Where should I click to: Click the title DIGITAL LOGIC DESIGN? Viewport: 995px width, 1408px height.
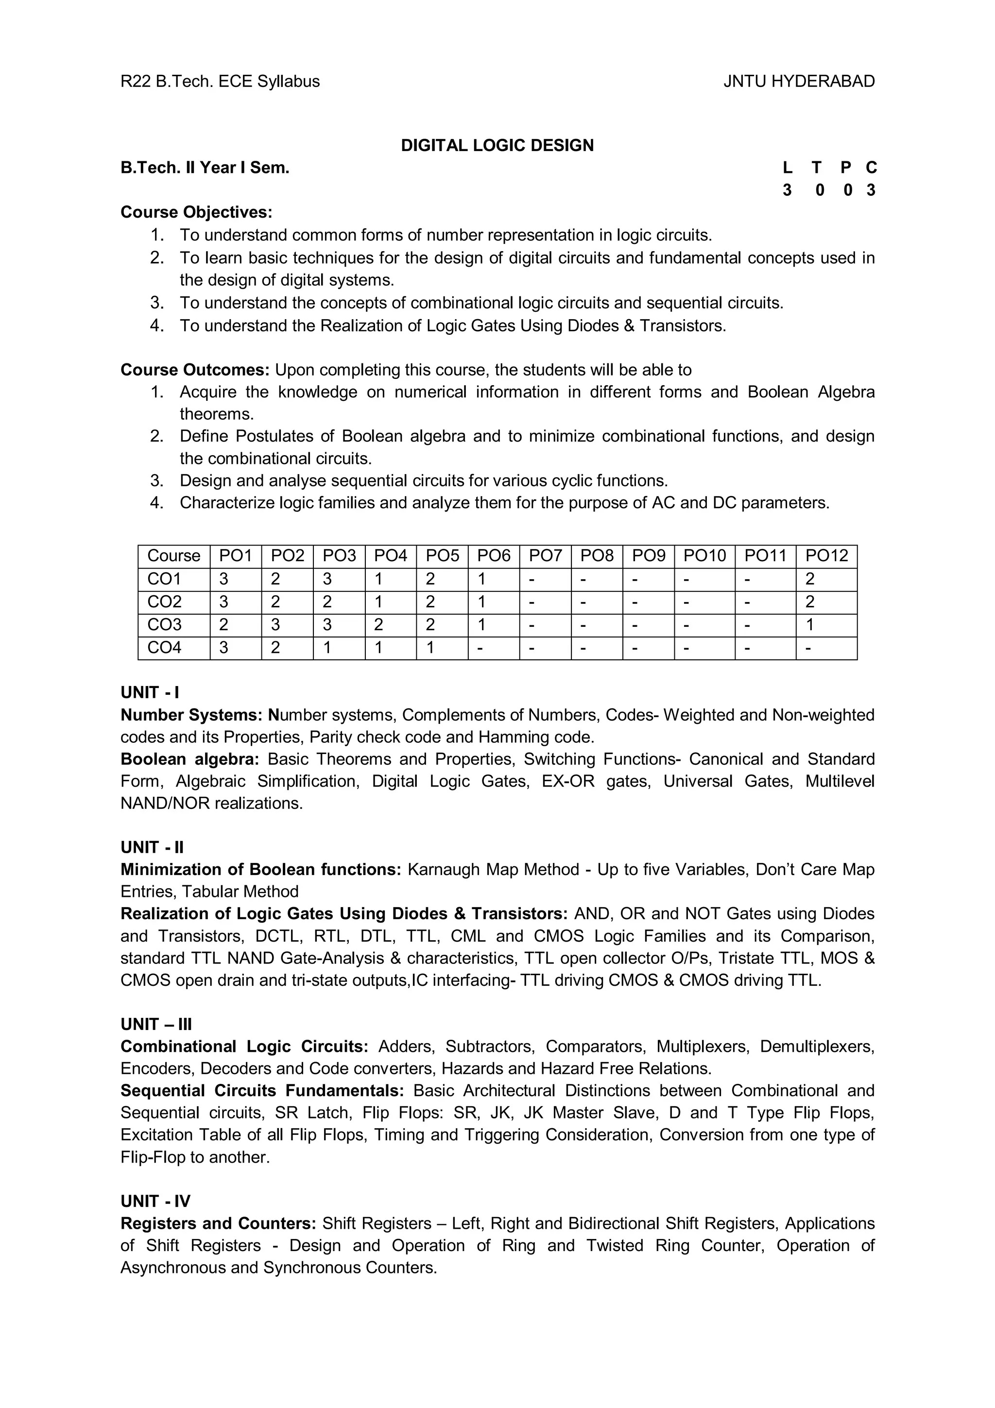coord(497,145)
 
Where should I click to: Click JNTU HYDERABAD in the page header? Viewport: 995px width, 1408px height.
coord(798,82)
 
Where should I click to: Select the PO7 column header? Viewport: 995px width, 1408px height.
coord(545,556)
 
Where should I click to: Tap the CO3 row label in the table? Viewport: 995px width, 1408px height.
coord(164,625)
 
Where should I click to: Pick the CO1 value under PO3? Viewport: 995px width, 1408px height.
coord(327,579)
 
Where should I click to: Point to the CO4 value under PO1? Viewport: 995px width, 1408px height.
coord(224,648)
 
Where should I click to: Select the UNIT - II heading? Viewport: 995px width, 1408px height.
coord(152,847)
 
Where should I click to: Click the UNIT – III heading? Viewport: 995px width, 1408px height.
coord(156,1025)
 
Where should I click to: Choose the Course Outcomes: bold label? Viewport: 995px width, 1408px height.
coord(195,370)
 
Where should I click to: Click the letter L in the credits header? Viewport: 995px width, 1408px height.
coord(787,168)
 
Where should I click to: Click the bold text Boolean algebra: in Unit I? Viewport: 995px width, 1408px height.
coord(190,759)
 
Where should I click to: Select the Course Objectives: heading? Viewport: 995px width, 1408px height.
coord(196,212)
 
